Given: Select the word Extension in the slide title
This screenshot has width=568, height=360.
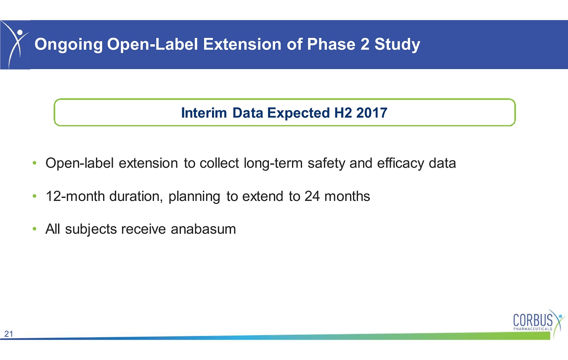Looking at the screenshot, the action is point(242,44).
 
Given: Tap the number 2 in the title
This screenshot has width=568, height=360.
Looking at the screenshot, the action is point(365,44).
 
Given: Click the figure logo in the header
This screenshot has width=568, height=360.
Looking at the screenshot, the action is point(15,45).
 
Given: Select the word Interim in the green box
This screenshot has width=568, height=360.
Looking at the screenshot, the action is point(204,113).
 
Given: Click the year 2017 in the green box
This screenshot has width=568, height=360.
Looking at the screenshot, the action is point(372,113).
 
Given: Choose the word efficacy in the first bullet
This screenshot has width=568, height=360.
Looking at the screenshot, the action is point(401,163).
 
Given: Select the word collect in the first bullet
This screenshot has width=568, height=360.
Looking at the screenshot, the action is point(219,163).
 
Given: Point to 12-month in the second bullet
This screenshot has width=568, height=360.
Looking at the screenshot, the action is point(75,196).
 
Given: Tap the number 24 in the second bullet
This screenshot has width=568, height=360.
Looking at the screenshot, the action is point(312,196).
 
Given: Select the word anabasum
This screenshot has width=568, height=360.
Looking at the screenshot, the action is point(203,229).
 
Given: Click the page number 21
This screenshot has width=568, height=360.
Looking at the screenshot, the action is point(8,334).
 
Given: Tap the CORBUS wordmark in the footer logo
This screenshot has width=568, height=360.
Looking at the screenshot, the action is point(533,320).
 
